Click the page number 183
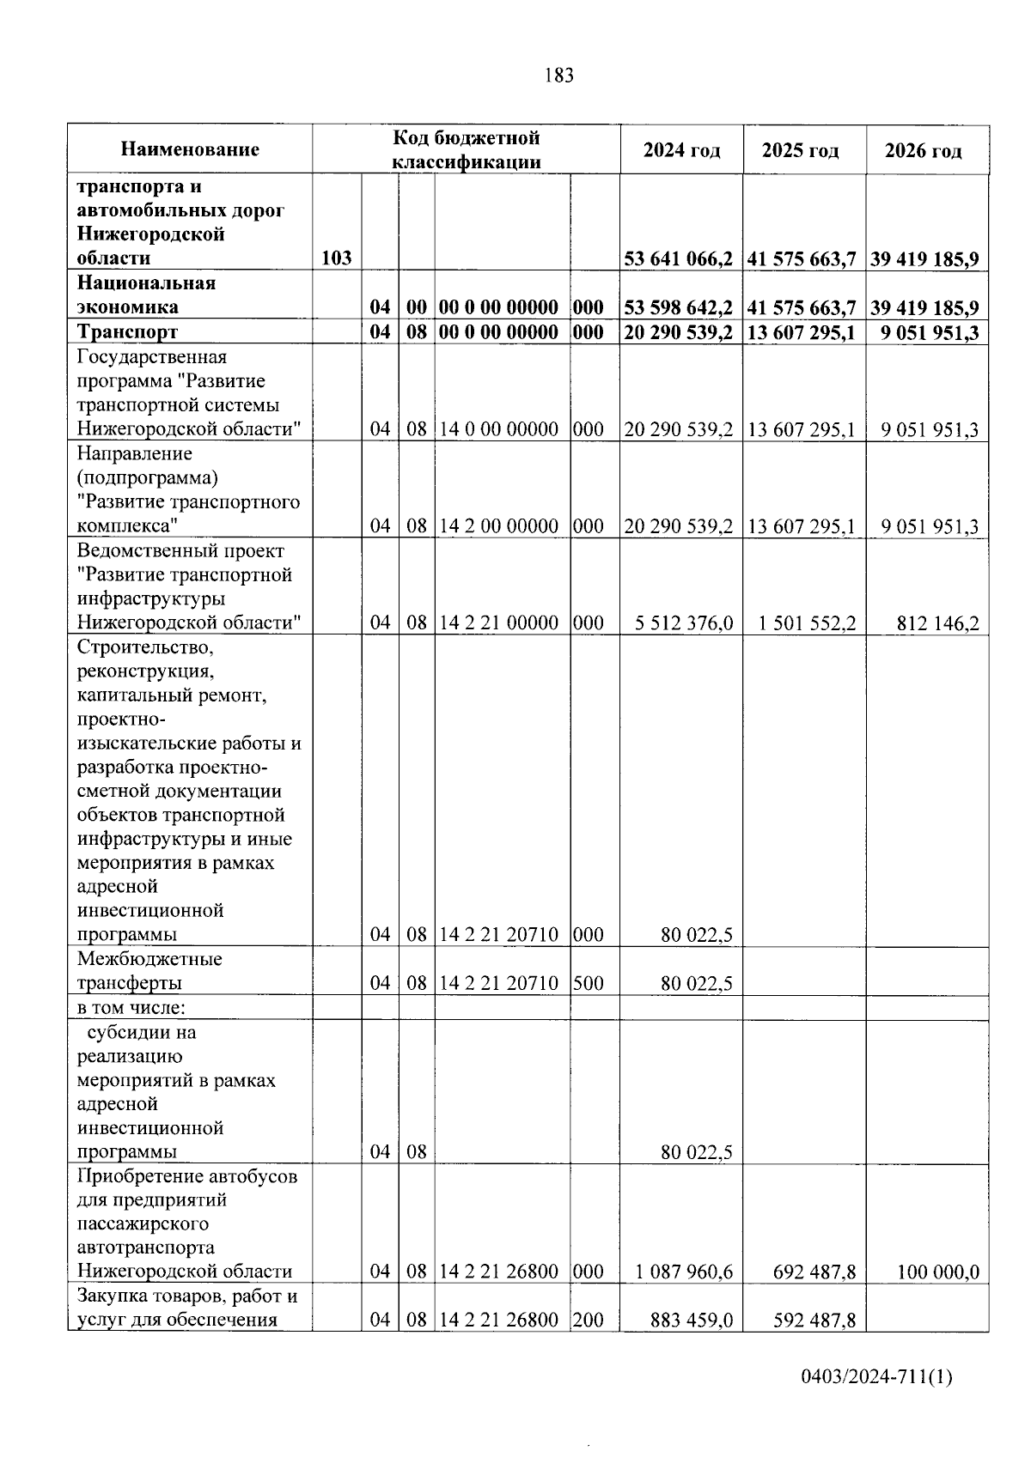(558, 76)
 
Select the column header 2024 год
(681, 150)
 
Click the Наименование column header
(190, 150)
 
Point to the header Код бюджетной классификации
(467, 149)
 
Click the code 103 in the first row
(336, 258)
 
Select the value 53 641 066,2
(679, 258)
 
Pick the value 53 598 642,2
(679, 307)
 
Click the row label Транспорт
(127, 332)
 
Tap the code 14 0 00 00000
(499, 429)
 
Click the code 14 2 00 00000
(499, 526)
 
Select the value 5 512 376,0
(684, 623)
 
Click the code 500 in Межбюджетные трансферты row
(588, 983)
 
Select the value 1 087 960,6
(684, 1272)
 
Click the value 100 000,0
(937, 1272)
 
